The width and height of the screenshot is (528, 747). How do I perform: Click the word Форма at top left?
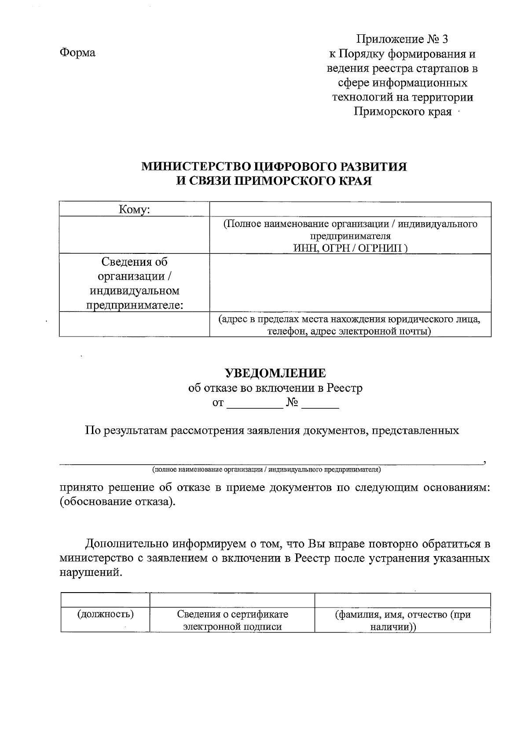tap(77, 53)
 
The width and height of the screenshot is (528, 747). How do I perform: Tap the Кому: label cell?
tap(134, 210)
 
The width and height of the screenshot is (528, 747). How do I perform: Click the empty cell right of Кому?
tap(350, 209)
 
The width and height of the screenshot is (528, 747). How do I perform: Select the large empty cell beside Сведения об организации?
tap(350, 282)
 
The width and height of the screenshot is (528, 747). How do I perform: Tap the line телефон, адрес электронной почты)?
tap(350, 331)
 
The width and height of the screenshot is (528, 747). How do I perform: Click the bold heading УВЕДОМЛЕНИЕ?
tap(275, 373)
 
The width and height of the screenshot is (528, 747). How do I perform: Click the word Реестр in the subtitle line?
tap(345, 388)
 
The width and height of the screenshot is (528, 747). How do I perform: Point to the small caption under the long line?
tap(266, 469)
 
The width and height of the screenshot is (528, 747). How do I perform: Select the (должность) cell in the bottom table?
tap(106, 614)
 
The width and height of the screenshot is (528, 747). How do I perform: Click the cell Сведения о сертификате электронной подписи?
tap(232, 620)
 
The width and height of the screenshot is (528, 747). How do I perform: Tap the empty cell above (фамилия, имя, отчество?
tap(402, 601)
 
